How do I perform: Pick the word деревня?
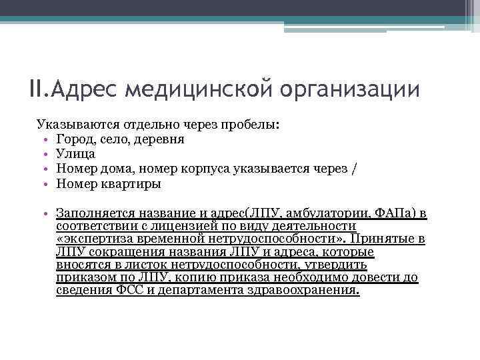(159, 139)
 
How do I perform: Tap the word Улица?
(76, 154)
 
